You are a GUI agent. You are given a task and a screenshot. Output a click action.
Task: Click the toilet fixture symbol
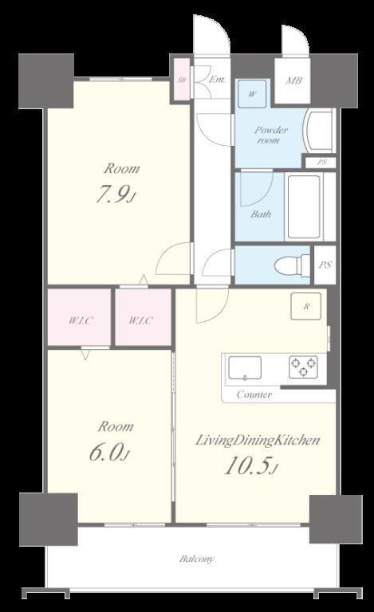pyautogui.click(x=292, y=265)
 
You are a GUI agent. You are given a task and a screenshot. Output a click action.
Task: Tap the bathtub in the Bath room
pyautogui.click(x=304, y=207)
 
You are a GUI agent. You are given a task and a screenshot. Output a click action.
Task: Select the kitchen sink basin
pyautogui.click(x=245, y=367)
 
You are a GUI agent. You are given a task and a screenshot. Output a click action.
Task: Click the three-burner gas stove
pyautogui.click(x=303, y=367)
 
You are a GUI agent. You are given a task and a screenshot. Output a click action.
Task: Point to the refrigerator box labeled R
pyautogui.click(x=306, y=306)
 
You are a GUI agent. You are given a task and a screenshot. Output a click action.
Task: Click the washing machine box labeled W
pyautogui.click(x=253, y=94)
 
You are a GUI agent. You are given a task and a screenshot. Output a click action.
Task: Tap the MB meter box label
pyautogui.click(x=293, y=80)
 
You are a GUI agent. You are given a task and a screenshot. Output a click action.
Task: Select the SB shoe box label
pyautogui.click(x=181, y=80)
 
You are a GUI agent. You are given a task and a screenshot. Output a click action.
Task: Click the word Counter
pyautogui.click(x=254, y=394)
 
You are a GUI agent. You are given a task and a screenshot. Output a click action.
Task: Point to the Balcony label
pyautogui.click(x=197, y=559)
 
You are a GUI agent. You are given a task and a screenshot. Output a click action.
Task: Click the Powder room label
pyautogui.click(x=271, y=135)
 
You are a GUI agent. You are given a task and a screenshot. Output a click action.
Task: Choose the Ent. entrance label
pyautogui.click(x=217, y=80)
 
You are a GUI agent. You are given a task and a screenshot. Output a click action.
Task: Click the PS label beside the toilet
pyautogui.click(x=325, y=265)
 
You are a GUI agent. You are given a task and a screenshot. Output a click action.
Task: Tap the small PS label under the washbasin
pyautogui.click(x=321, y=163)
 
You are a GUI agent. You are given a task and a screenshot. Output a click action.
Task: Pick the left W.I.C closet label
pyautogui.click(x=81, y=321)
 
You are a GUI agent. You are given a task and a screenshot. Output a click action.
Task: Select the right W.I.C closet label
pyautogui.click(x=141, y=321)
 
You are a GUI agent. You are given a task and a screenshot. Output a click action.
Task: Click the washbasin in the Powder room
pyautogui.click(x=319, y=131)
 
